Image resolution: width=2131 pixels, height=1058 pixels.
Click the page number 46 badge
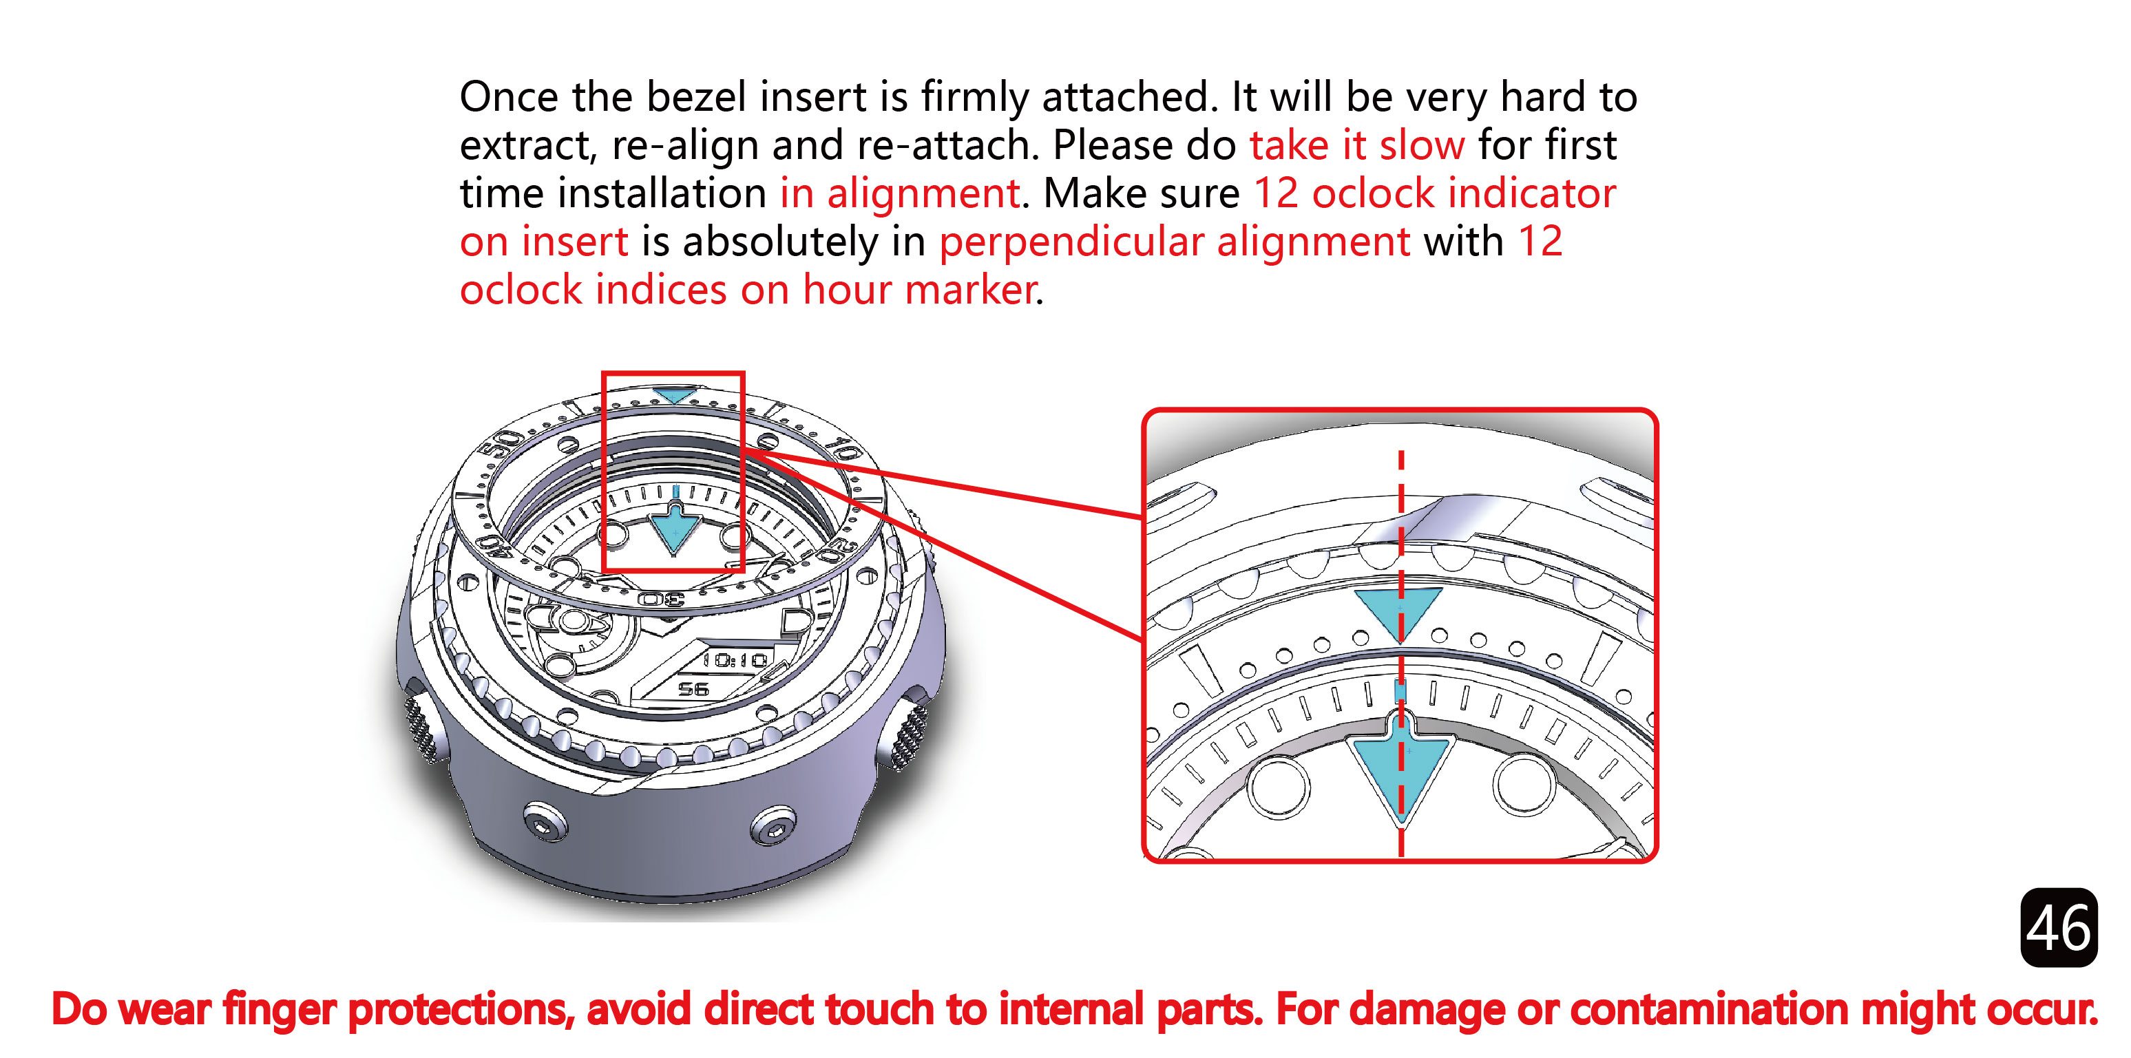point(2058,927)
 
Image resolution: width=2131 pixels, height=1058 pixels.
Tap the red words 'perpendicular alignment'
point(1175,242)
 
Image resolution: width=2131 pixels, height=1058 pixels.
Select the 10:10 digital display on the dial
point(735,659)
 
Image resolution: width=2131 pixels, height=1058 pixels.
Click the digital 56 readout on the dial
point(693,688)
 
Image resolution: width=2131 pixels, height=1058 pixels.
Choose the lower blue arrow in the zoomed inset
point(1400,765)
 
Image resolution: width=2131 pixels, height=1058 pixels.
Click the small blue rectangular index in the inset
point(1400,690)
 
